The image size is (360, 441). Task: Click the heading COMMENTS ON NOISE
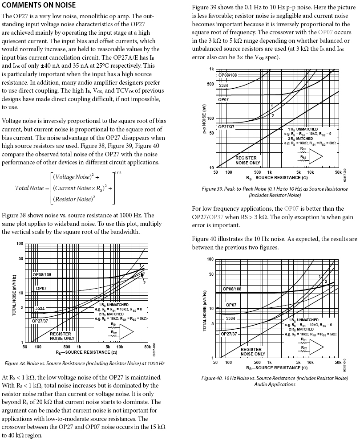(x=39, y=5)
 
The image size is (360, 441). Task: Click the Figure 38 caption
(x=84, y=363)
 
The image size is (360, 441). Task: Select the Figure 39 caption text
(x=274, y=192)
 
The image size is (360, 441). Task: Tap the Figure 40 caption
(x=275, y=381)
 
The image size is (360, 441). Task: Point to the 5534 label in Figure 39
(x=223, y=85)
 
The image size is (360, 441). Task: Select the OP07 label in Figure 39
(x=223, y=100)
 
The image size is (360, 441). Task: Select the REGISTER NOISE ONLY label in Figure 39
(x=246, y=160)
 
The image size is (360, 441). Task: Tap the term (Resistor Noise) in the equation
(x=73, y=199)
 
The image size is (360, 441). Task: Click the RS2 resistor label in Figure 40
(x=304, y=345)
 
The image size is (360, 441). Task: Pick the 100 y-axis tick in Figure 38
(x=20, y=244)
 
